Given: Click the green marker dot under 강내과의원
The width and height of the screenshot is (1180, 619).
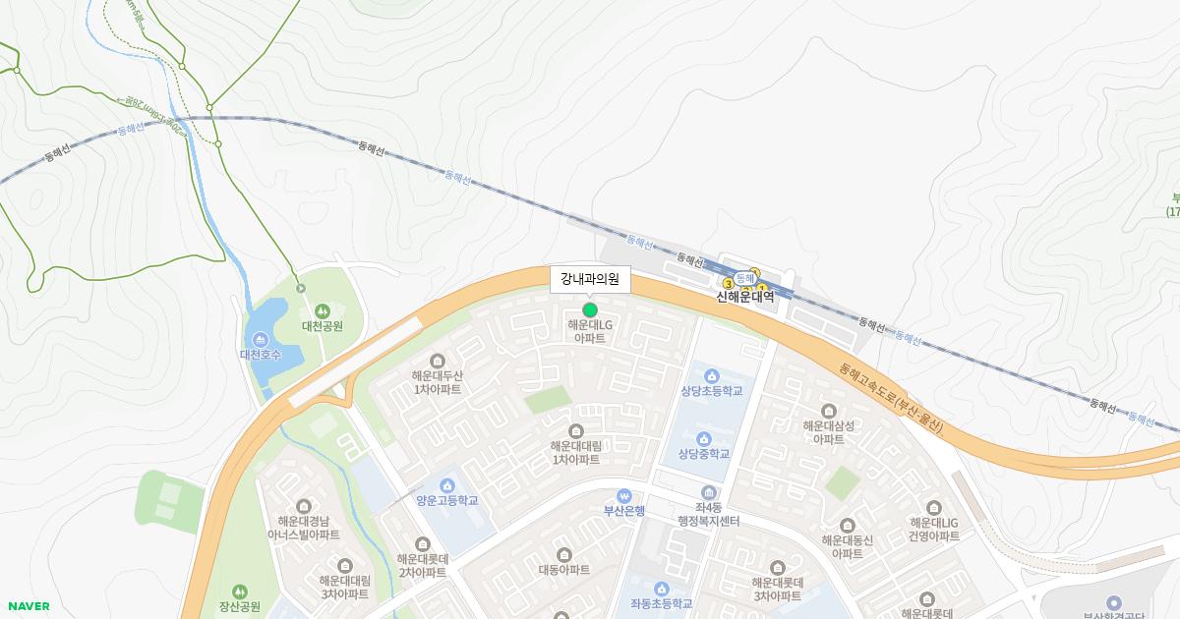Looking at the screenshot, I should pos(590,310).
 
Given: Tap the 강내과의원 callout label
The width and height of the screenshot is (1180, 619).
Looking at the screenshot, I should pos(590,279).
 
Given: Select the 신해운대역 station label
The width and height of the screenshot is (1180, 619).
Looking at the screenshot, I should pos(744,297).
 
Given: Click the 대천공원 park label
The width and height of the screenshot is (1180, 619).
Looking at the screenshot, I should pos(322,326).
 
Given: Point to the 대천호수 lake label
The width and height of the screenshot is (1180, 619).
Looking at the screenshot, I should pos(261,355).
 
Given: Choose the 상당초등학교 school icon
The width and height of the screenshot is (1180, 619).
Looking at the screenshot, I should pos(711,376).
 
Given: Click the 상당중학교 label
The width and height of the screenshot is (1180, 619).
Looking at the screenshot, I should pos(703,454).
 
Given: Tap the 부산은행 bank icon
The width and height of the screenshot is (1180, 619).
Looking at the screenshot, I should pos(623,496).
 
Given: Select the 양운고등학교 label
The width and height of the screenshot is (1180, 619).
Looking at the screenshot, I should pos(446,501).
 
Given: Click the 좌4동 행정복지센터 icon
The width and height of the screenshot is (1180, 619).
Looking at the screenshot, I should pos(708,492).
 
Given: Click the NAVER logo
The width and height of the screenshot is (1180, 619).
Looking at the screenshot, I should pos(29,606).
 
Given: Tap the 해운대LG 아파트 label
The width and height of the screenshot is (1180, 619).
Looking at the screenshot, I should pos(590,331).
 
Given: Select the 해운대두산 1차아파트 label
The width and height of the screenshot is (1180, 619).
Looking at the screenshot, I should pos(438,382).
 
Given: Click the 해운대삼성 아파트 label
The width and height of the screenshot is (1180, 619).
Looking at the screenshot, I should pos(828,432).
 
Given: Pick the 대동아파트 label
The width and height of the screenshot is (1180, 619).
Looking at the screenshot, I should pos(564,570).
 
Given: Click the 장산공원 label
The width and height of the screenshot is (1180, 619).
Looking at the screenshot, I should pos(239,606).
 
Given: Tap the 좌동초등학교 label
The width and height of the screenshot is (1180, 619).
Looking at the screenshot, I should pos(661,604).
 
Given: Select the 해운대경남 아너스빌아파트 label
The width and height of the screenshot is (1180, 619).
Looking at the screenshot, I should pos(304,529).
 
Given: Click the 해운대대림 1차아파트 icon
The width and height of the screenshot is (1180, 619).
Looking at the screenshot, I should pos(576,430).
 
